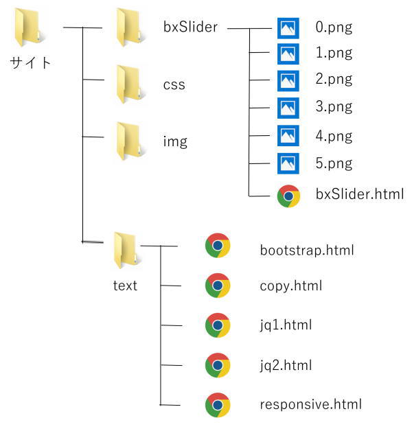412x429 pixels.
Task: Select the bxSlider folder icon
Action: coord(129,27)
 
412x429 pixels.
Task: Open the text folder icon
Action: coord(126,251)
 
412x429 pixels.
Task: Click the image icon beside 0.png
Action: coord(288,27)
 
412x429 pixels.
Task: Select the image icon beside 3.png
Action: coord(288,108)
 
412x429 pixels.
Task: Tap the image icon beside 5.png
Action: coord(288,163)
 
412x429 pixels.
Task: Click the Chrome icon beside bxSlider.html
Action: coord(288,196)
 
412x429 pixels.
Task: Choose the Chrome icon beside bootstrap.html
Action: coord(218,246)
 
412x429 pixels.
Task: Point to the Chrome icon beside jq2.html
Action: coord(218,365)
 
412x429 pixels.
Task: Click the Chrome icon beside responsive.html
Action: coord(218,404)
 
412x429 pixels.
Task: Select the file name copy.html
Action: coord(291,286)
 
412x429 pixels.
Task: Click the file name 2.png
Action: coord(334,79)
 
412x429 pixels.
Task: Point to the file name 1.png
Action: coord(334,52)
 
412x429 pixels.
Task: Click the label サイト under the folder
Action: coord(31,63)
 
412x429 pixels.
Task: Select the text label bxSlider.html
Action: coord(360,195)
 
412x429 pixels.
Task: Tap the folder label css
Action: coord(174,85)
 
